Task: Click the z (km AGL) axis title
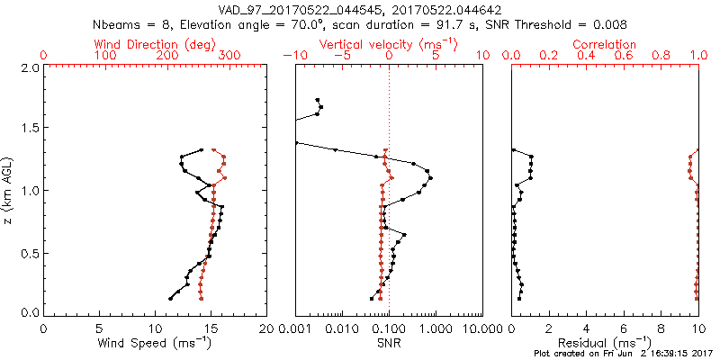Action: pos(10,190)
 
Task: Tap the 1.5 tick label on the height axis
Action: pos(29,129)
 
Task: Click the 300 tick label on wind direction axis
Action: pos(229,56)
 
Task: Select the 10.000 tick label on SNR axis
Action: pos(482,328)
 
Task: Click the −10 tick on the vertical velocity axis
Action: pos(292,56)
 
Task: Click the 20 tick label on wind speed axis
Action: pos(267,328)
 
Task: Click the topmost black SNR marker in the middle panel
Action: pos(317,100)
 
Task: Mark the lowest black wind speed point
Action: pos(170,299)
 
